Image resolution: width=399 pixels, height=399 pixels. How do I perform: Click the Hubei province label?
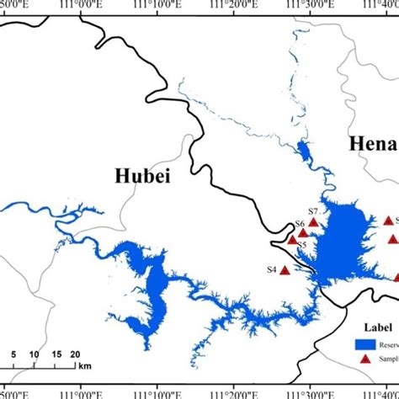click(x=138, y=176)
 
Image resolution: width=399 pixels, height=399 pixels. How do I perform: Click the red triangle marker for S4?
click(x=285, y=270)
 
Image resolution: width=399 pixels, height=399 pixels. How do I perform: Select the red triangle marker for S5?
click(x=292, y=240)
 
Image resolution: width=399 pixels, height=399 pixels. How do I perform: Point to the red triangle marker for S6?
click(x=303, y=232)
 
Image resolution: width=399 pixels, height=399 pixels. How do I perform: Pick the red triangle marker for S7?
click(x=314, y=222)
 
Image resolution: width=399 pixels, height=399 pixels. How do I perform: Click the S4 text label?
click(x=271, y=269)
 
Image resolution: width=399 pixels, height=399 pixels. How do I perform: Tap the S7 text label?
click(x=311, y=210)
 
